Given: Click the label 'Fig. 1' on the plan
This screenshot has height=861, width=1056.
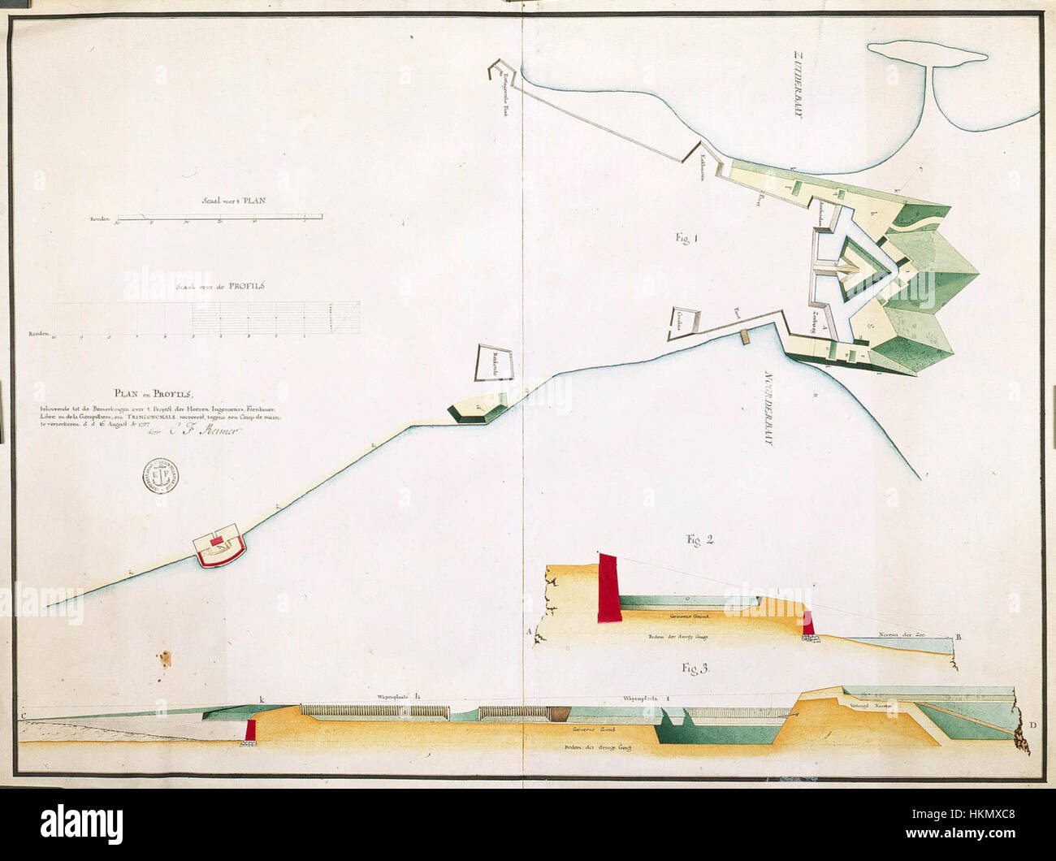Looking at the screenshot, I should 686,238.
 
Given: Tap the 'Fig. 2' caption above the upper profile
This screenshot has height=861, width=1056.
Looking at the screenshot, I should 695,539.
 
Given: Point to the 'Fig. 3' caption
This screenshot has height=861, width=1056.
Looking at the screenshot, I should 696,669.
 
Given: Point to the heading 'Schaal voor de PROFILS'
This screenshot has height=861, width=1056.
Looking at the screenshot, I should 225,286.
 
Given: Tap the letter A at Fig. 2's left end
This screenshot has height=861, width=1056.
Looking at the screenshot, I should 530,631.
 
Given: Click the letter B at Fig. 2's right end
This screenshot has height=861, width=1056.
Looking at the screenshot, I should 959,638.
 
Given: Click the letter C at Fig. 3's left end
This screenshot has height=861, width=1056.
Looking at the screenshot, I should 24,715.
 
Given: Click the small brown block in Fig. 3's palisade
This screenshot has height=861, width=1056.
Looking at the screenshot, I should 558,713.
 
